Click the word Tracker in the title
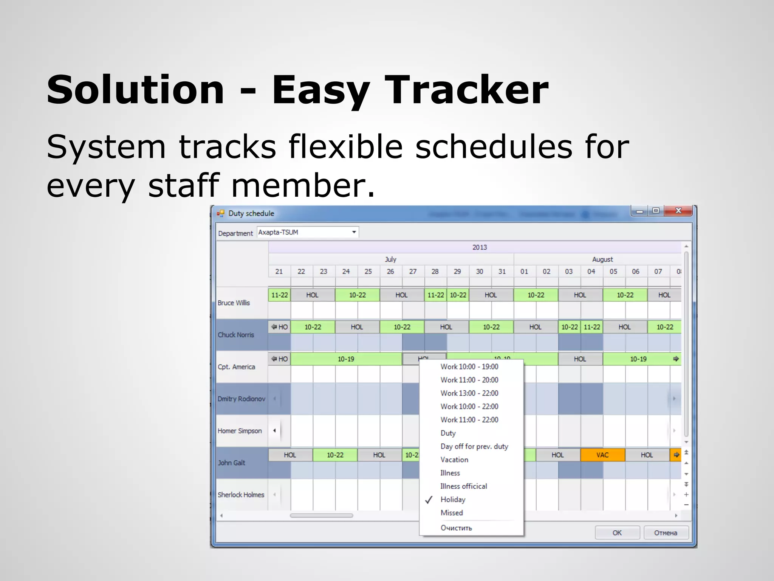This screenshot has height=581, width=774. [x=466, y=90]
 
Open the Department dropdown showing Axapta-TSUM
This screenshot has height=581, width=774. [x=354, y=232]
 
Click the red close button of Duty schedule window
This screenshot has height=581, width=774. [x=678, y=211]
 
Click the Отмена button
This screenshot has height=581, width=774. [x=666, y=533]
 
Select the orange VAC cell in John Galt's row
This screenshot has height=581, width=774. [x=602, y=455]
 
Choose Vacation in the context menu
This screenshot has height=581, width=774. [x=454, y=460]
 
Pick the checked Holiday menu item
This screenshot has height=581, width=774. [x=453, y=500]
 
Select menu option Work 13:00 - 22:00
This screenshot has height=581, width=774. [x=469, y=393]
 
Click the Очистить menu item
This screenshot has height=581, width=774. [x=456, y=528]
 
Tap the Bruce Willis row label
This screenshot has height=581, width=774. [x=234, y=303]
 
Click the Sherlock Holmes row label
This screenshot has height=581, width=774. [x=241, y=495]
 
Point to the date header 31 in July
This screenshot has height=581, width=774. [x=502, y=272]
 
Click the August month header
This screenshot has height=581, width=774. [x=602, y=259]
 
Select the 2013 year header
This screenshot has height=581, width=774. [x=479, y=247]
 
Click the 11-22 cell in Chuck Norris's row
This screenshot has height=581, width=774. [x=592, y=327]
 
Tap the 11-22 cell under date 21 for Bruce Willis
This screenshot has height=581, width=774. [x=279, y=295]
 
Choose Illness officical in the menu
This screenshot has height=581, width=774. [x=463, y=486]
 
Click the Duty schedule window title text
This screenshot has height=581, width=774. [x=251, y=213]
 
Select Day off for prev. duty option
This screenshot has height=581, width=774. [x=474, y=446]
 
